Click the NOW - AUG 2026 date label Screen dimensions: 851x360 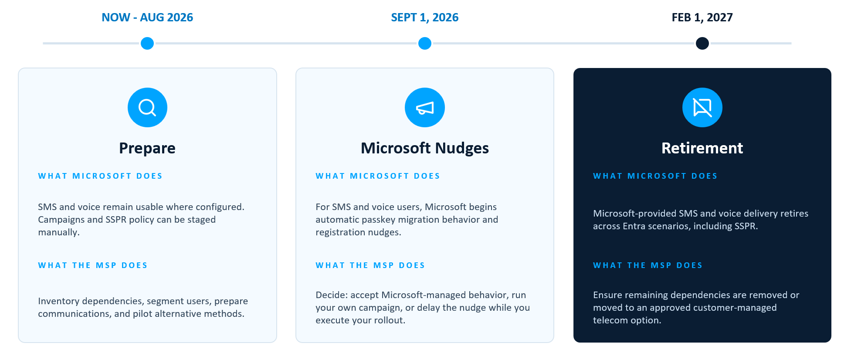click(147, 17)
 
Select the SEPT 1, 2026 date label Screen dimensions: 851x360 click(425, 17)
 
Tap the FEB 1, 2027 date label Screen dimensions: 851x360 click(702, 17)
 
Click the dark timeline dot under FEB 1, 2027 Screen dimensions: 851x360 click(702, 43)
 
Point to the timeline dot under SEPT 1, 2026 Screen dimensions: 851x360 click(425, 43)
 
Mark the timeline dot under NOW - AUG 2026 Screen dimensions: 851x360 click(147, 43)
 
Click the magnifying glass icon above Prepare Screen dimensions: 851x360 click(147, 108)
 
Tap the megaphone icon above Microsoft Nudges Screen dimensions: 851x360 click(425, 108)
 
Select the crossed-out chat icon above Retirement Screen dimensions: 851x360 click(702, 108)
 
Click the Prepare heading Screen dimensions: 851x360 click(147, 148)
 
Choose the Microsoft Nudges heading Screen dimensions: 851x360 click(425, 148)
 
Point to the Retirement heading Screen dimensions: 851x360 click(702, 148)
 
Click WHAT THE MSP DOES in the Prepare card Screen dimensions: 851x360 click(93, 265)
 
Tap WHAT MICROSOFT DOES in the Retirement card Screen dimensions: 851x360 click(655, 176)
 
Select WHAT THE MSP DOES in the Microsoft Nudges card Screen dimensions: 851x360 click(370, 265)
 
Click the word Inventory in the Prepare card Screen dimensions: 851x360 click(59, 302)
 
